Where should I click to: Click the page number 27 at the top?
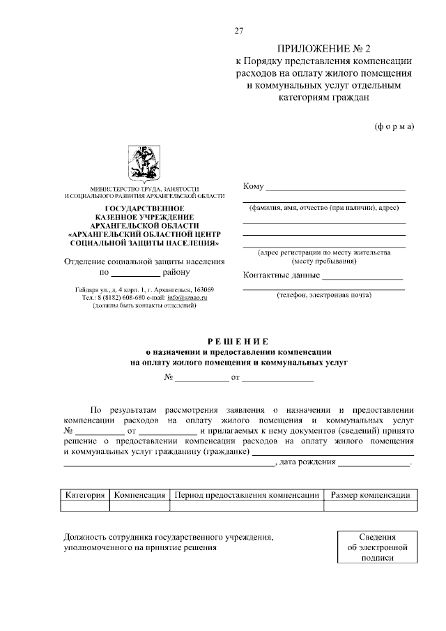238,31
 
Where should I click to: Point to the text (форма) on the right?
394,126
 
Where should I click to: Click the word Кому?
253,186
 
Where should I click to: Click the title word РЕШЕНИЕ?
238,341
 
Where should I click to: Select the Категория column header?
85,495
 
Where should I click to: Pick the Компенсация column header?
139,495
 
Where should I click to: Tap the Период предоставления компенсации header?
247,495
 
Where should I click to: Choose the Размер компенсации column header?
370,495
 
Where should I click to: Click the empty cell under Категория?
85,507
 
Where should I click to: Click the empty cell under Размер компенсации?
370,507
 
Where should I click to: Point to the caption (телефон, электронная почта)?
324,295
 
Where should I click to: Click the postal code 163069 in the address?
199,289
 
